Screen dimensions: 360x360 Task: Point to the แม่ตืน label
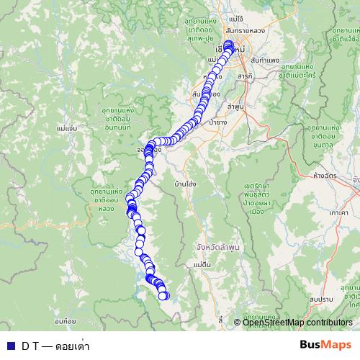click(x=202, y=265)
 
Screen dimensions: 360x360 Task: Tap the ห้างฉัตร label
click(x=328, y=175)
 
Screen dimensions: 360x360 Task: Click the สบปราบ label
click(x=321, y=297)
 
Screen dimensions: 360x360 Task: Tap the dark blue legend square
click(x=9, y=346)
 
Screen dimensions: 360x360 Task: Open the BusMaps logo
click(x=325, y=344)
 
